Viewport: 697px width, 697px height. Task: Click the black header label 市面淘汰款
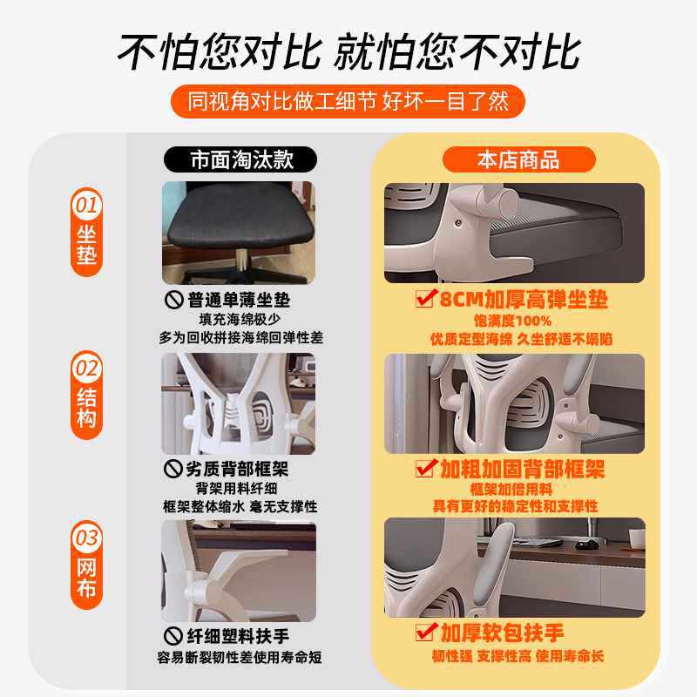[x=239, y=159]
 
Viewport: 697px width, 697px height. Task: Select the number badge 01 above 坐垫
[x=86, y=206]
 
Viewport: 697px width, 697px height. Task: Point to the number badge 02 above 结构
[x=86, y=369]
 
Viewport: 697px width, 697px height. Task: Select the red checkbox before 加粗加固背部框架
[x=426, y=469]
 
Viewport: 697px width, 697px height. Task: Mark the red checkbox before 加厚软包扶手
[x=426, y=630]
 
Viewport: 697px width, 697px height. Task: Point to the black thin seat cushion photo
[x=239, y=233]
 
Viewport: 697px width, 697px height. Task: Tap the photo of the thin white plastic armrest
[x=239, y=571]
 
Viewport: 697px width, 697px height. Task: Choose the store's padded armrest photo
[x=514, y=567]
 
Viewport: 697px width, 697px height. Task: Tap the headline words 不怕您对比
[x=218, y=52]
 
